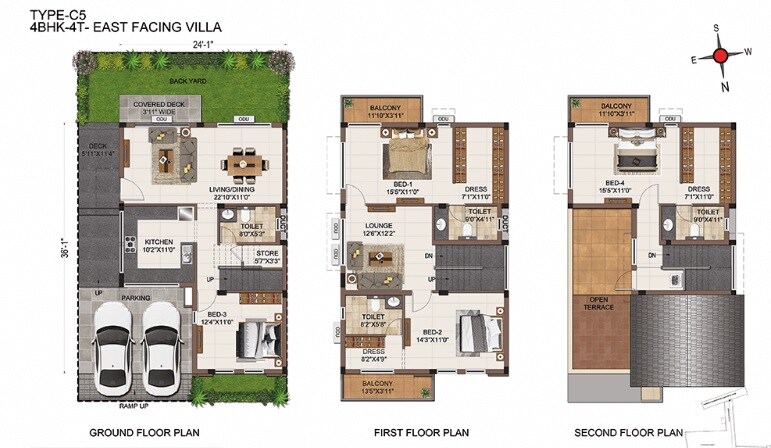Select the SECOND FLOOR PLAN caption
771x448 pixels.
[628, 432]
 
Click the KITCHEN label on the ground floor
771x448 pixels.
[160, 242]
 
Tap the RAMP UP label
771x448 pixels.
[142, 405]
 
